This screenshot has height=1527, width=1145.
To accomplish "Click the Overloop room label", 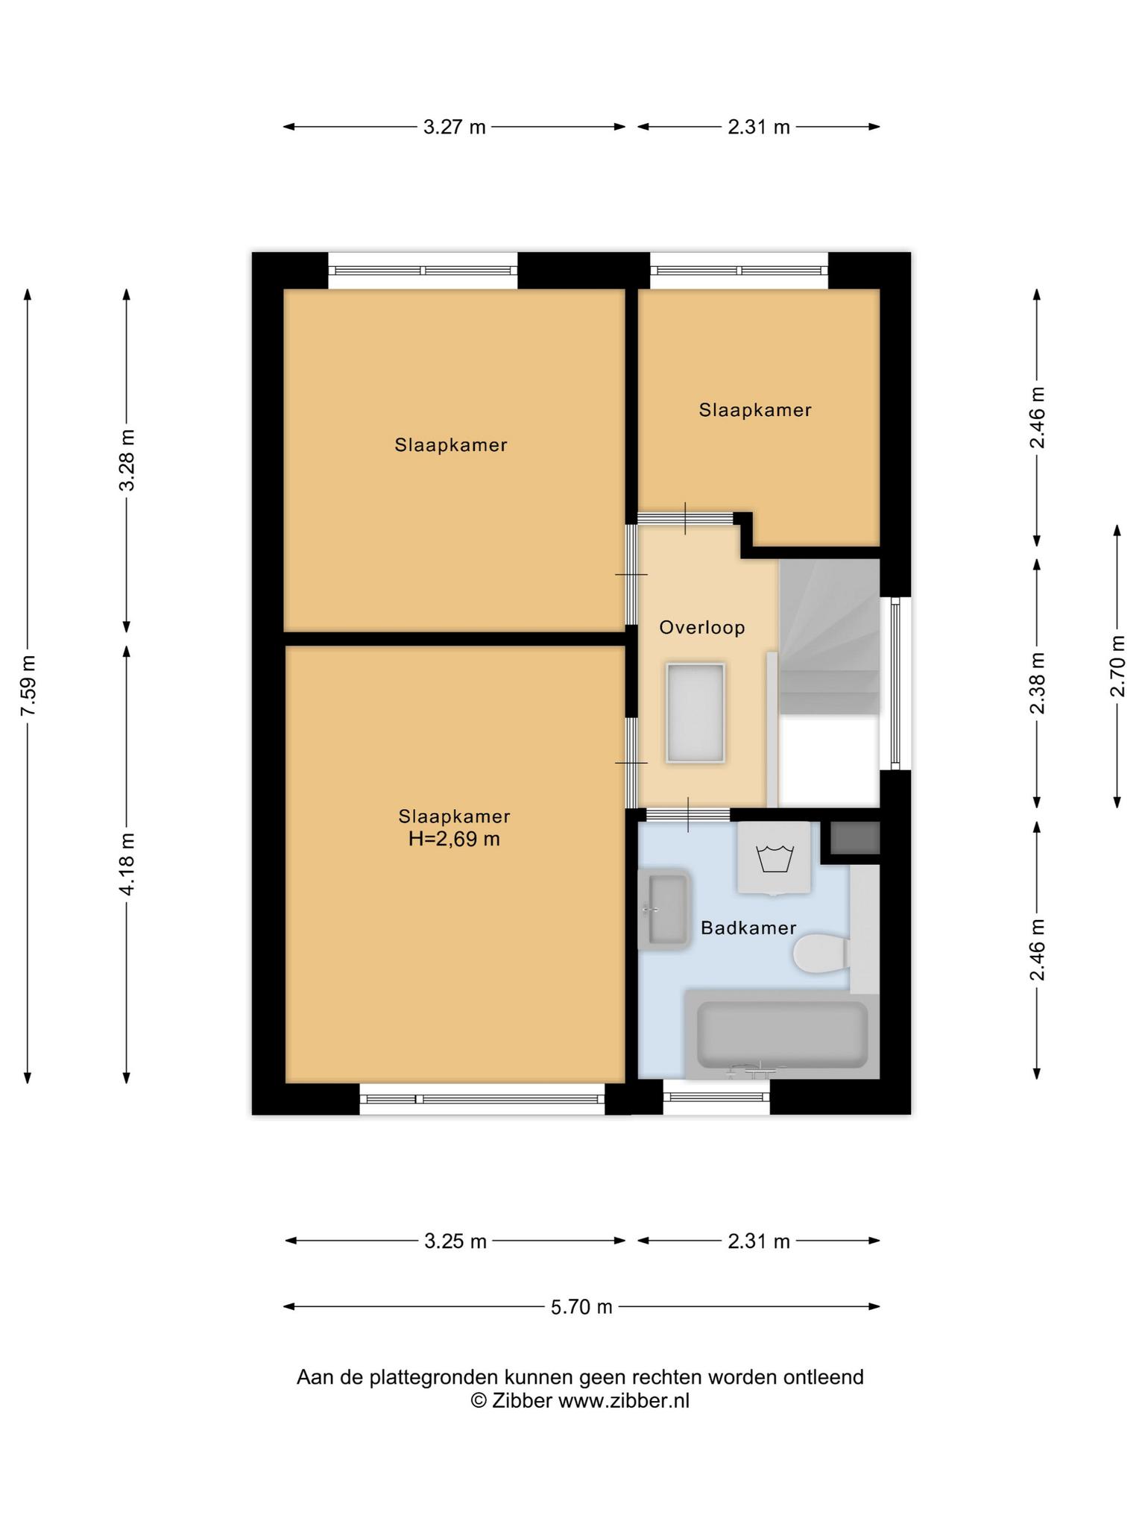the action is (701, 628).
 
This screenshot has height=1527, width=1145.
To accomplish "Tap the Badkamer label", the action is (748, 928).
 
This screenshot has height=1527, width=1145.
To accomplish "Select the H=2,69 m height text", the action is (454, 840).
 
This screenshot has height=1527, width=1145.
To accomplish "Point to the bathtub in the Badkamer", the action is (782, 1035).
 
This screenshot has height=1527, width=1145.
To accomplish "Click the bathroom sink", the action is (664, 909).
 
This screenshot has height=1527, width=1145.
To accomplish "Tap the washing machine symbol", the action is (774, 857).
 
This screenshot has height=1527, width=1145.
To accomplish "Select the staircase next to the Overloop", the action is (830, 637).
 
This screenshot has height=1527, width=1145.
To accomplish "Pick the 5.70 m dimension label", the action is (581, 1306).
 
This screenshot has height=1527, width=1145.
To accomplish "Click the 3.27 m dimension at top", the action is (455, 127).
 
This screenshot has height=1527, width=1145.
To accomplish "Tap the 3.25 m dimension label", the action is (455, 1241).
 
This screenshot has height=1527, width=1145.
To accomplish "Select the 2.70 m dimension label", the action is (1117, 666).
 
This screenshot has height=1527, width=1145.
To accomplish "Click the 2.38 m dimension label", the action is (1037, 683).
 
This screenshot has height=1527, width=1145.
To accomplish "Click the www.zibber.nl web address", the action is (624, 1401).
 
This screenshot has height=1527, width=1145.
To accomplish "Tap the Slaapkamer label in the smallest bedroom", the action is (755, 410).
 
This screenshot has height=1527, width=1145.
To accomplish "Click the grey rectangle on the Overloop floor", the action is (695, 712).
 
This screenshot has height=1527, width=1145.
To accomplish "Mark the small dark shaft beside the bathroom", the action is (855, 838).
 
